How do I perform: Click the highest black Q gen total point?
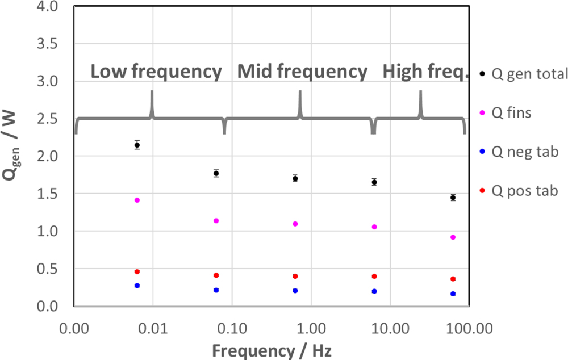click(x=137, y=145)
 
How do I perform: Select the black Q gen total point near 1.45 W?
click(x=453, y=198)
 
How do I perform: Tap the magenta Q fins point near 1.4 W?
click(x=137, y=200)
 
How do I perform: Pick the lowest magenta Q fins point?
click(x=453, y=237)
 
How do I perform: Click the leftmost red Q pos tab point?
click(x=137, y=271)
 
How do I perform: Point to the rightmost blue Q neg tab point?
click(x=453, y=294)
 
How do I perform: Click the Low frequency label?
click(x=156, y=72)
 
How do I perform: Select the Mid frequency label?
click(x=302, y=72)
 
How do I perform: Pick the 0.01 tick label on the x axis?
click(x=153, y=328)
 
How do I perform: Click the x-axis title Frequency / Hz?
click(x=272, y=350)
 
